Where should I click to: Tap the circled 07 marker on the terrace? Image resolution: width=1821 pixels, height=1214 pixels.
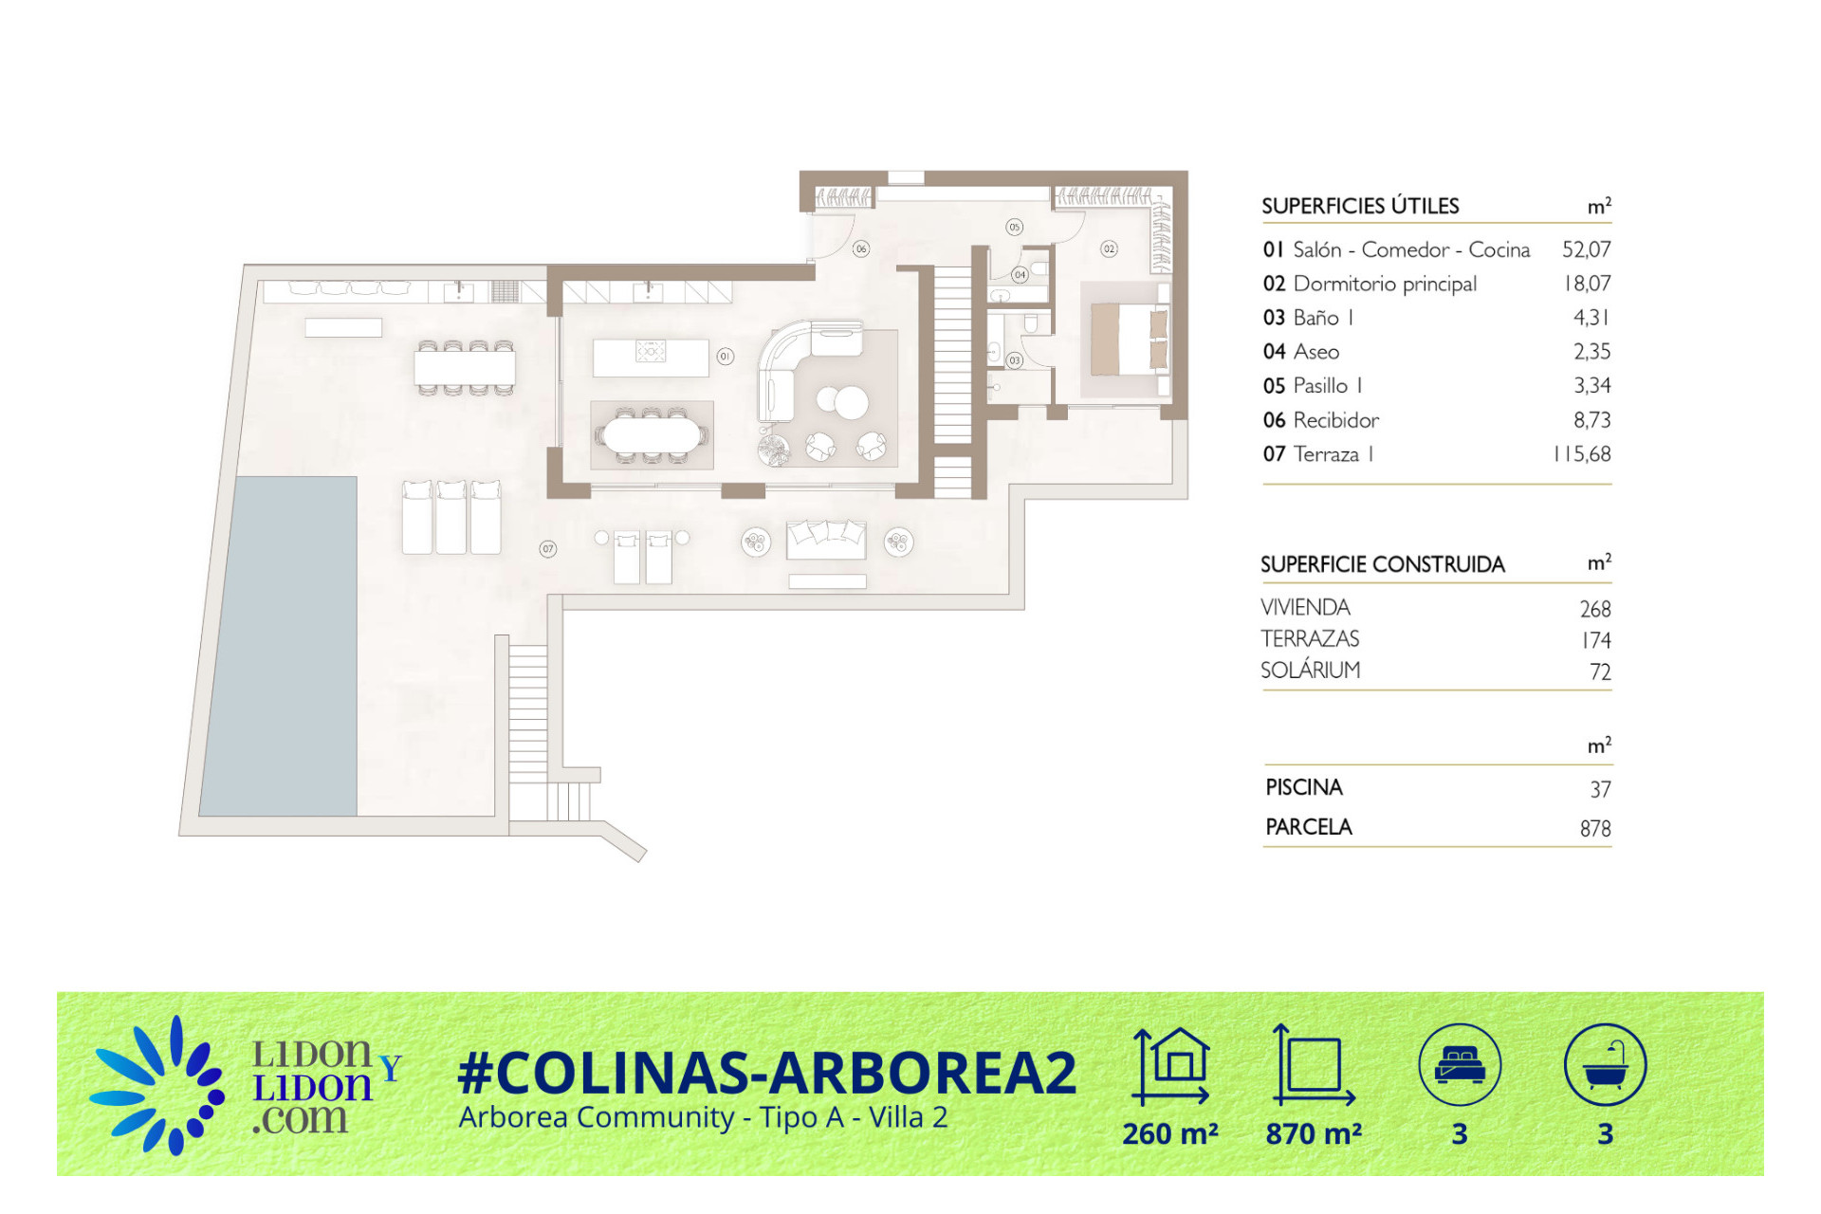click(548, 548)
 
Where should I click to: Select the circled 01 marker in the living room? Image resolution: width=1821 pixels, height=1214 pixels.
click(726, 357)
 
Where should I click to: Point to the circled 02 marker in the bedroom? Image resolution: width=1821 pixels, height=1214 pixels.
click(1109, 248)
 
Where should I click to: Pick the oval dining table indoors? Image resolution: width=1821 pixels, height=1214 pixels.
click(652, 435)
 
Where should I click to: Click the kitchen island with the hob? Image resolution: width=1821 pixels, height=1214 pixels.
click(651, 358)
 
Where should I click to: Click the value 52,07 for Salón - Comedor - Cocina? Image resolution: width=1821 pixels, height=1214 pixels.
click(1586, 249)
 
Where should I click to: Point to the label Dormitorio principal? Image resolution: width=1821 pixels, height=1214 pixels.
click(1385, 284)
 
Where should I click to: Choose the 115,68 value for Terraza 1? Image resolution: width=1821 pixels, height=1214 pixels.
click(1582, 454)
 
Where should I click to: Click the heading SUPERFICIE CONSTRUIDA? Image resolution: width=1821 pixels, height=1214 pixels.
click(1382, 564)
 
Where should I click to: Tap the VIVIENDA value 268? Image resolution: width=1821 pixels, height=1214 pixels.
click(1595, 609)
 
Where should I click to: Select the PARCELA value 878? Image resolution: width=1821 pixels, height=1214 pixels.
click(1595, 829)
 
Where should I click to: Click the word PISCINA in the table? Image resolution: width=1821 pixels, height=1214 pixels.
click(1304, 787)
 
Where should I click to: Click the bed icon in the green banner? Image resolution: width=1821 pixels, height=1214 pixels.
click(1460, 1065)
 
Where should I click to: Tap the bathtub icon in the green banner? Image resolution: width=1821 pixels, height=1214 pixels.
click(1605, 1065)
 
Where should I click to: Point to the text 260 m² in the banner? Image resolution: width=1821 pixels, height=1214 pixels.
click(1170, 1133)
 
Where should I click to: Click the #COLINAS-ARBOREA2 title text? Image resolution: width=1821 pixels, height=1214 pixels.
click(767, 1073)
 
